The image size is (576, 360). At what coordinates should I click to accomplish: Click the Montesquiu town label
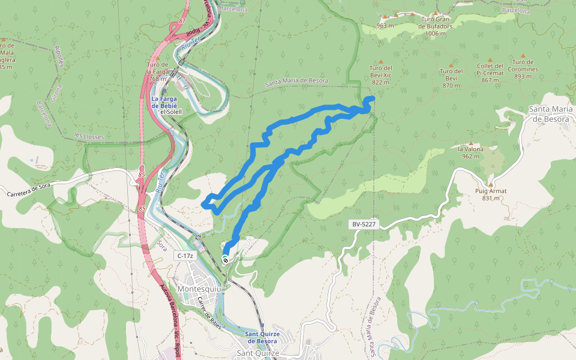tap(200, 289)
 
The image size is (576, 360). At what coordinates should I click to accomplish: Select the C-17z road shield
tap(185, 256)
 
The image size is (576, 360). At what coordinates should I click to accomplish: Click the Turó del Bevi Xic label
tap(381, 75)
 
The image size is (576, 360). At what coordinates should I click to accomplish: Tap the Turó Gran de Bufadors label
tap(436, 26)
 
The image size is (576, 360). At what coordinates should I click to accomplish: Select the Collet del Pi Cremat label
tap(490, 73)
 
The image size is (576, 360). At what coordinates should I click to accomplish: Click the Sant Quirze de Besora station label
tap(261, 337)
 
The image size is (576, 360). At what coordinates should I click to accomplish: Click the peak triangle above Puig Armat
tap(491, 184)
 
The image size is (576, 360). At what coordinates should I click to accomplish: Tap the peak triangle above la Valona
tap(470, 143)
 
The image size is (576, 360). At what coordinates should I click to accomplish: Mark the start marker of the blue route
tap(225, 259)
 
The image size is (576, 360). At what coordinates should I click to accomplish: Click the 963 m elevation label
tap(385, 26)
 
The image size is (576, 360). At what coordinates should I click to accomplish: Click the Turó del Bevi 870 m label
tap(451, 78)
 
